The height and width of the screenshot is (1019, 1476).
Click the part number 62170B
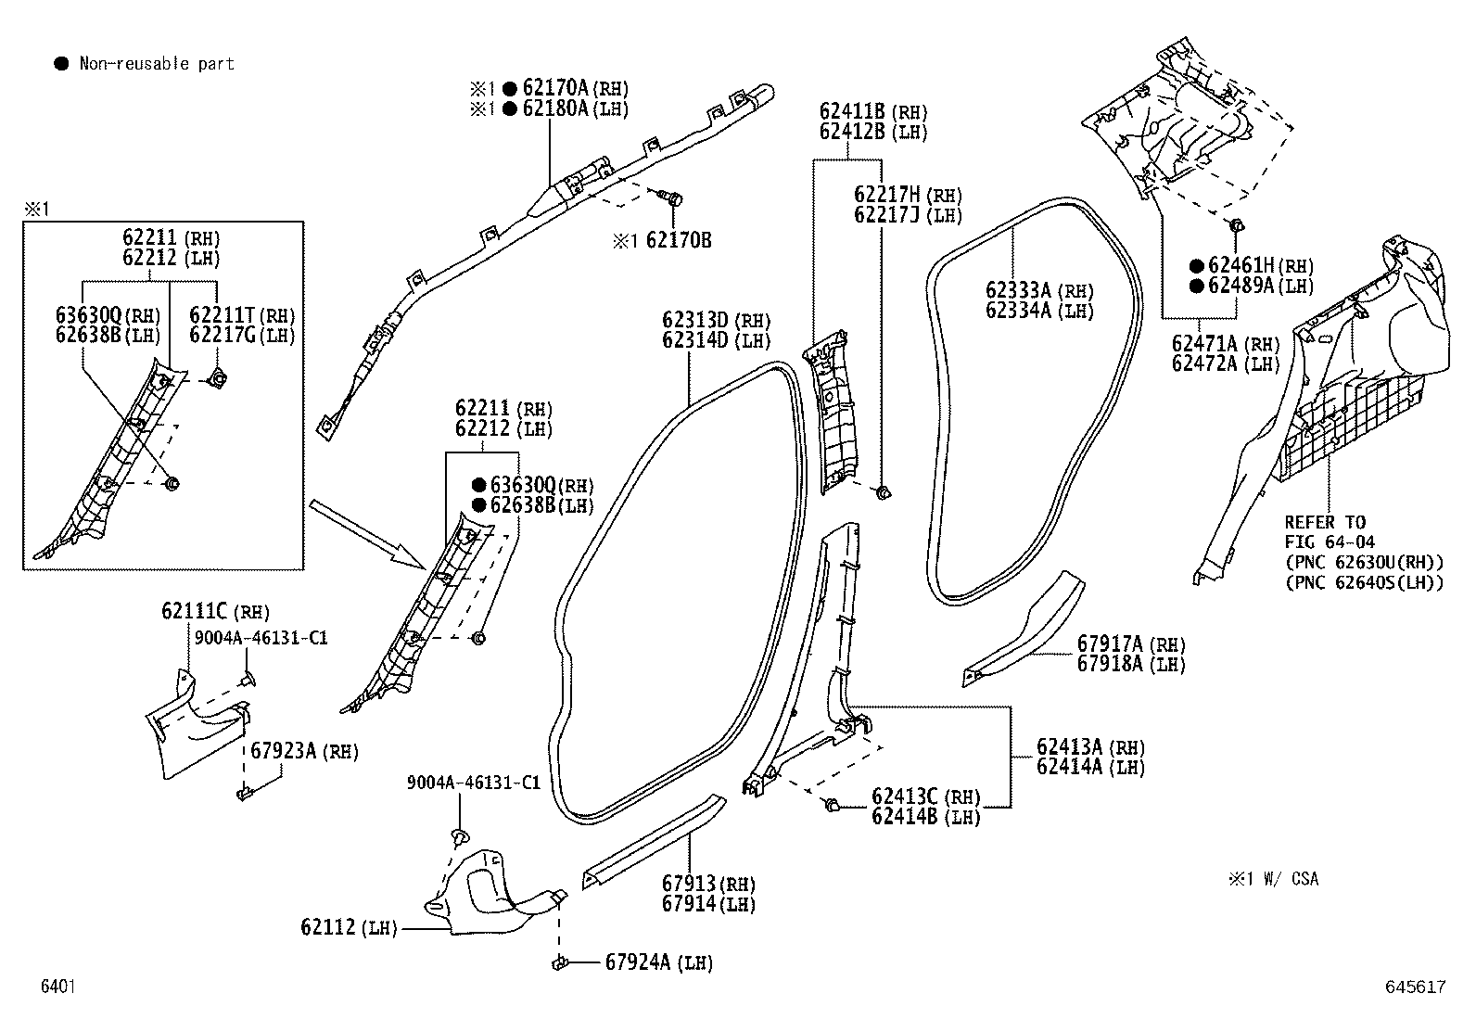pos(678,240)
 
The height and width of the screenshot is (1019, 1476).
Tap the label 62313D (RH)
pos(717,320)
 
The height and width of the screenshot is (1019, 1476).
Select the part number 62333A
pos(1018,290)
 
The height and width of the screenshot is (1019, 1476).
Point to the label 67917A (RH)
pos(1131,643)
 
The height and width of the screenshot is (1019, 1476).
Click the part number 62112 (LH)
pos(349,927)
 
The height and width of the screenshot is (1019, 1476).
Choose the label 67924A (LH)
pos(659,962)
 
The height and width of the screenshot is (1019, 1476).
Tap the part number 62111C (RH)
pos(215,611)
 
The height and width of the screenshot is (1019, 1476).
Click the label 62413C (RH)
pos(926,796)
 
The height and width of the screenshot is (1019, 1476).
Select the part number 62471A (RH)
pos(1226,343)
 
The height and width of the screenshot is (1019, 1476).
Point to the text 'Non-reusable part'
pos(157,63)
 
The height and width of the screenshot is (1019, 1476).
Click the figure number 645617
pos(1415,987)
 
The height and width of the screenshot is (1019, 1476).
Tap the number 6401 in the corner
pos(58,986)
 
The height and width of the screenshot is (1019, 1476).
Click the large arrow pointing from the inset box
pos(368,534)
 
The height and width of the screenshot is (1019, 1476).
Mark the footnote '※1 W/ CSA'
pos(1273,879)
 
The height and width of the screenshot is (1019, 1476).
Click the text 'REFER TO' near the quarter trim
pos(1325,522)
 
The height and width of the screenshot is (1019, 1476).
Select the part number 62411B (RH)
pos(873,111)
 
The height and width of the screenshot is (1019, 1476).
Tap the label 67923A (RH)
pos(304,751)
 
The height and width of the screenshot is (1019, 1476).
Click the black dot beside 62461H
pos(1197,265)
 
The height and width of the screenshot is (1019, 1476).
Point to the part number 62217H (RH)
pos(908,195)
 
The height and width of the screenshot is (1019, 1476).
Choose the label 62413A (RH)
pos(1090,746)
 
